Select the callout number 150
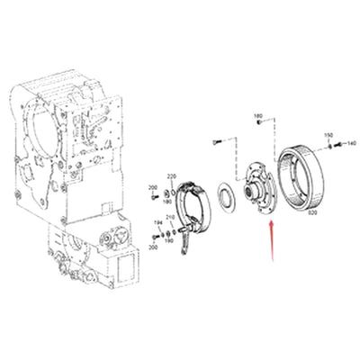pyautogui.click(x=328, y=135)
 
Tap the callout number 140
pyautogui.click(x=350, y=143)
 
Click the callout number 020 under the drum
pyautogui.click(x=313, y=213)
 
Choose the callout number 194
pyautogui.click(x=158, y=221)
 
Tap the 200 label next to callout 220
pyautogui.click(x=152, y=186)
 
